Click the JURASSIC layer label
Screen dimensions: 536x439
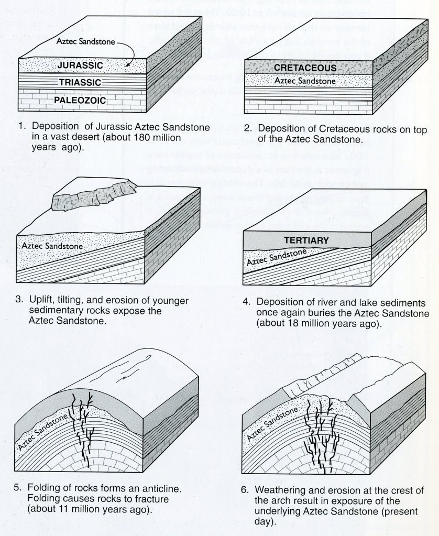point(80,65)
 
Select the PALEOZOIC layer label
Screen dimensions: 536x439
point(80,99)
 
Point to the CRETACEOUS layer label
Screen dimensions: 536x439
point(304,69)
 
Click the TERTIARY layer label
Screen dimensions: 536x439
point(306,240)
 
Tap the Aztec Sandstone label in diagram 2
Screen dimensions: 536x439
point(305,81)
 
